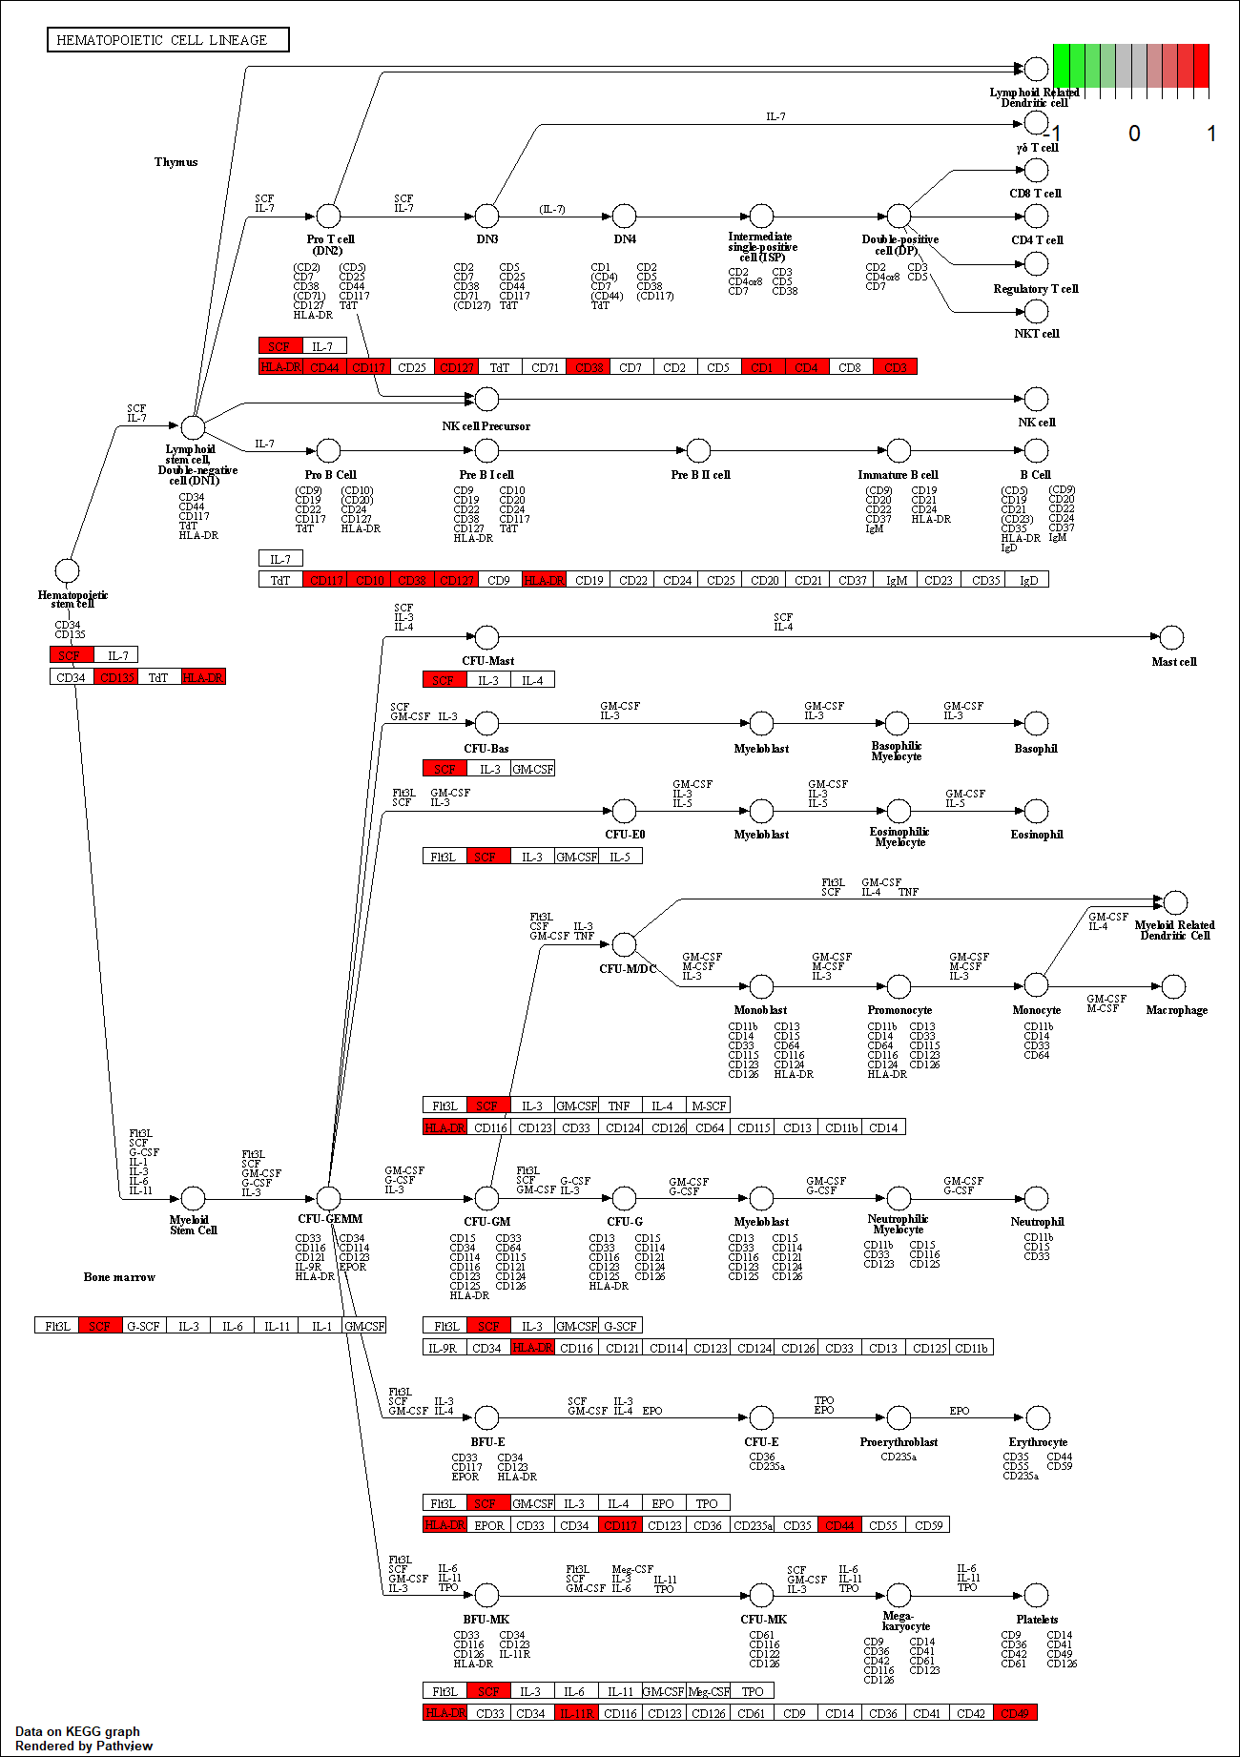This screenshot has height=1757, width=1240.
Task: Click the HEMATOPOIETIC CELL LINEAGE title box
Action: point(168,40)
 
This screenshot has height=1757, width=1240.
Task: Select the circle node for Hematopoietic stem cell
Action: point(67,570)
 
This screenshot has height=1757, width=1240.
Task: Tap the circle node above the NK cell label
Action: point(1036,399)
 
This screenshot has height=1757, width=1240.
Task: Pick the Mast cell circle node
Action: point(1171,637)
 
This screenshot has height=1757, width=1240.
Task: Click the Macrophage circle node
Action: point(1174,986)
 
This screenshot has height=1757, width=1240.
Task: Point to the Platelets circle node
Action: point(1036,1595)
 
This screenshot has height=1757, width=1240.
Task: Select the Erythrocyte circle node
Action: point(1037,1417)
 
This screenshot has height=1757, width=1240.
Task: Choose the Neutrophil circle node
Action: point(1036,1198)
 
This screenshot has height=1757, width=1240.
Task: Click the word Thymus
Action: point(176,162)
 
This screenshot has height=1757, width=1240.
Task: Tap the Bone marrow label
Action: point(119,1277)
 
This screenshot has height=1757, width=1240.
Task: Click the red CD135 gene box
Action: point(116,677)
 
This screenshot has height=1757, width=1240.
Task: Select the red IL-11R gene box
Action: point(576,1713)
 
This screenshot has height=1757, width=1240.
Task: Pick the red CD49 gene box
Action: point(1015,1713)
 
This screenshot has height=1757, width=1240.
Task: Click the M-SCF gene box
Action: point(709,1106)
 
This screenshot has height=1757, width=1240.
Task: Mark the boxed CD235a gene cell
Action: point(753,1525)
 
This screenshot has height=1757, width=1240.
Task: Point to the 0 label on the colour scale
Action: point(1134,134)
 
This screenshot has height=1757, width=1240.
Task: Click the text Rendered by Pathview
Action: point(84,1746)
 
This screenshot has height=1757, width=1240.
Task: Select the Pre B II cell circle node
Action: point(699,450)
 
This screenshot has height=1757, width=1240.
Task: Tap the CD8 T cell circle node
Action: point(1036,170)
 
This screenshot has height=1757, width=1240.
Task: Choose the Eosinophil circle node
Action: point(1036,811)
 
